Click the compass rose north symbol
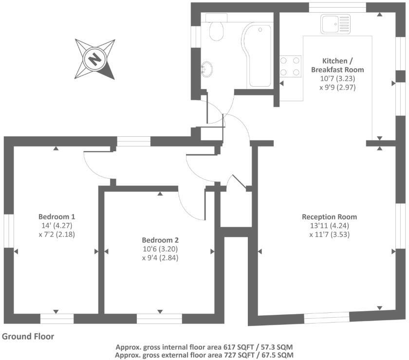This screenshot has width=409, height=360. pos(95,59)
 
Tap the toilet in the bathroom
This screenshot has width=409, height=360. pos(216,30)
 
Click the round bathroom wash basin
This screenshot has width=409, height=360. pos(206,70)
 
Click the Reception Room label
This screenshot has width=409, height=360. pos(330,217)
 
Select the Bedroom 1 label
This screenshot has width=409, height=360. pos(57,216)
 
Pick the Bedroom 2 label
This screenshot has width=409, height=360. pos(160,240)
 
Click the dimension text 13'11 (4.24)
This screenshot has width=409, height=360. pos(330,226)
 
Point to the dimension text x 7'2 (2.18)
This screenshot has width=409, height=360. pos(57,234)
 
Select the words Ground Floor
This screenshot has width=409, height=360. pos(28,336)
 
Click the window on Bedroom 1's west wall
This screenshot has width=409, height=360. pos(8,231)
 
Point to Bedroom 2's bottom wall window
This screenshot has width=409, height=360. pos(160,319)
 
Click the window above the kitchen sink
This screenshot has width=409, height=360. pos(337,7)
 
